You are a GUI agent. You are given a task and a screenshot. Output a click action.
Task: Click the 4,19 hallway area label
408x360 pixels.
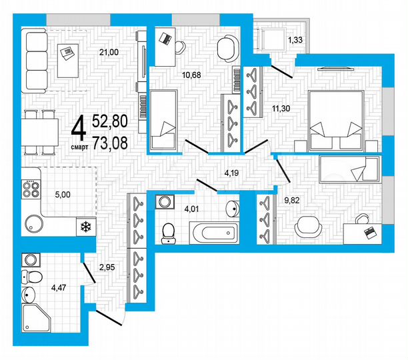point(232,173)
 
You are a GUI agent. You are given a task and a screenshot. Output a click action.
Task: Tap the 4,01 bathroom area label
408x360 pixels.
point(192,208)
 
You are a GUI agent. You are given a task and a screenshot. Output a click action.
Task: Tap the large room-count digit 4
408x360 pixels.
point(78,126)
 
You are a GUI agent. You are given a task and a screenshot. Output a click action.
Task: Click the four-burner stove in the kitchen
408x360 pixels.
point(31,188)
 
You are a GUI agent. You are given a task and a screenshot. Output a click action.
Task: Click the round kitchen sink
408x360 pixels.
point(32,223)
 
